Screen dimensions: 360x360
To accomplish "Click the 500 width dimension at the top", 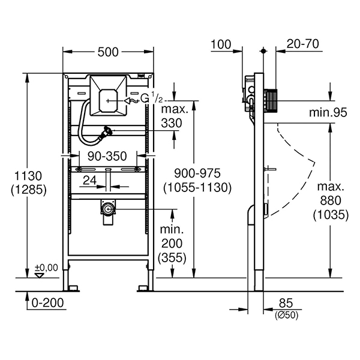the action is [x=108, y=52].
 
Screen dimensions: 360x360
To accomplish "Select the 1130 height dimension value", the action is [x=28, y=176].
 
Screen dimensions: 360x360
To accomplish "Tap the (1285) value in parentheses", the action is [x=29, y=190].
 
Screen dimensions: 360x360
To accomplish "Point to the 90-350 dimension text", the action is [x=107, y=157].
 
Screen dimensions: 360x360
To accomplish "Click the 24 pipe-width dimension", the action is [x=90, y=180].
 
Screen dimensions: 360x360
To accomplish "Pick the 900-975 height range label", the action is [x=197, y=173].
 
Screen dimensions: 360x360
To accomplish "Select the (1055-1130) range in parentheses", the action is [x=197, y=188].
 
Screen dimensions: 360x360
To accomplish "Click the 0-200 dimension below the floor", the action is [x=47, y=303].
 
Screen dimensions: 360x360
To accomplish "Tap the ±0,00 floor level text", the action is [x=46, y=268].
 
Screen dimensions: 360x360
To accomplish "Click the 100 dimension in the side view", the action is [x=221, y=44].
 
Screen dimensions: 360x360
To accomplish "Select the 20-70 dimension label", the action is [x=303, y=44].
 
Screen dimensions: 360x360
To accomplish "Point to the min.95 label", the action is [x=328, y=113].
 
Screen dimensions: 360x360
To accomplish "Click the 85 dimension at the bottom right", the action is [x=286, y=303].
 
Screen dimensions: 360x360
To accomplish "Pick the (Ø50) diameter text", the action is [x=287, y=315].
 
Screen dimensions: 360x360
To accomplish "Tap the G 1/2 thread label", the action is [x=152, y=99].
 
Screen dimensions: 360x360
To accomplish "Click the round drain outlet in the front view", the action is [x=107, y=209].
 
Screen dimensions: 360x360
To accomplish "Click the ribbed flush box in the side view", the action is [x=271, y=101].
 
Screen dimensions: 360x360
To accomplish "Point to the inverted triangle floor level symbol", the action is [x=39, y=275].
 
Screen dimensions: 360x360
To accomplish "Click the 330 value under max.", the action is [x=172, y=123].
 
